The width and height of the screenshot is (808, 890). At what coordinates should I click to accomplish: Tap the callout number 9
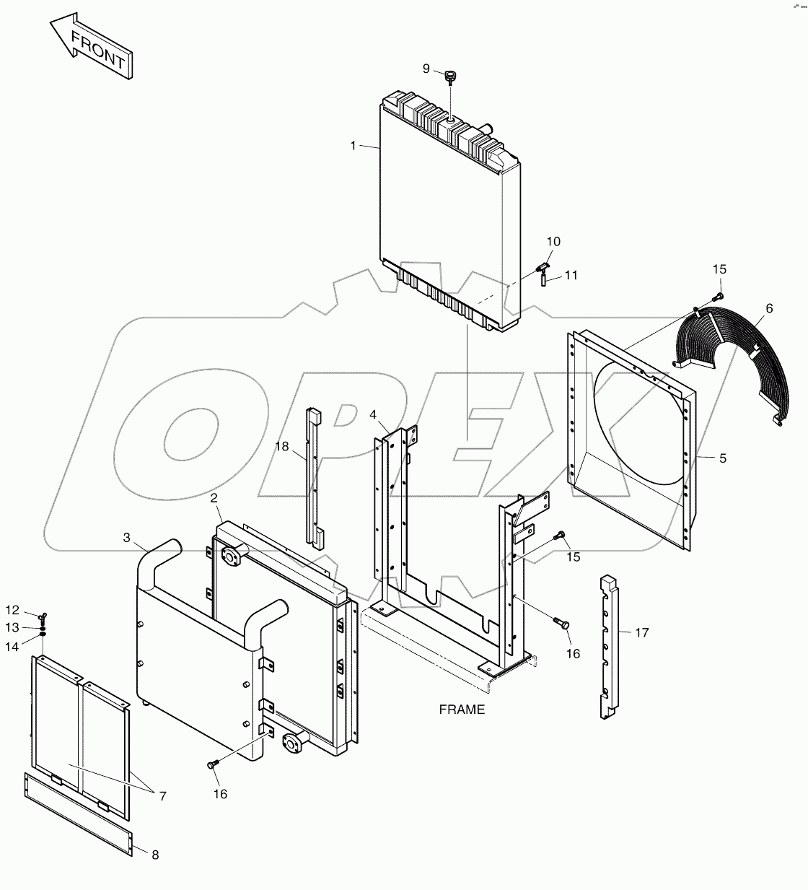[x=426, y=69]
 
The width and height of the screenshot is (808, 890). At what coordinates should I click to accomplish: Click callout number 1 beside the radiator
[x=353, y=146]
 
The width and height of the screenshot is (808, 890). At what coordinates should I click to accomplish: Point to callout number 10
[x=553, y=241]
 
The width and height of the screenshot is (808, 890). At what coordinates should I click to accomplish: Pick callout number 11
[x=571, y=275]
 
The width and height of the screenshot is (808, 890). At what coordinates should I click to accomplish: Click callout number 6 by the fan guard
[x=769, y=308]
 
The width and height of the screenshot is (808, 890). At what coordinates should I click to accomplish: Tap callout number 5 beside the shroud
[x=723, y=458]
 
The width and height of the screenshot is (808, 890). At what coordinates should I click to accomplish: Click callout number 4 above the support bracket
[x=373, y=414]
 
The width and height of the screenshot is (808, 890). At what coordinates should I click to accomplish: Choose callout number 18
[x=281, y=447]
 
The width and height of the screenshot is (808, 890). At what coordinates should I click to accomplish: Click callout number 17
[x=642, y=632]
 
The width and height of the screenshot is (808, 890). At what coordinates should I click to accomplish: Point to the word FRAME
[x=462, y=710]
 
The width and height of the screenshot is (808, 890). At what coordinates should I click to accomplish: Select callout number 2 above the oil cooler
[x=214, y=498]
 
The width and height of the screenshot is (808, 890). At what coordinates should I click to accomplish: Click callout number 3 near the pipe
[x=126, y=537]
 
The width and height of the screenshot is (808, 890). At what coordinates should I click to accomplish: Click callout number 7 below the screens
[x=162, y=796]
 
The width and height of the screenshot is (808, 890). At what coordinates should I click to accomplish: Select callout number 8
[x=155, y=855]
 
